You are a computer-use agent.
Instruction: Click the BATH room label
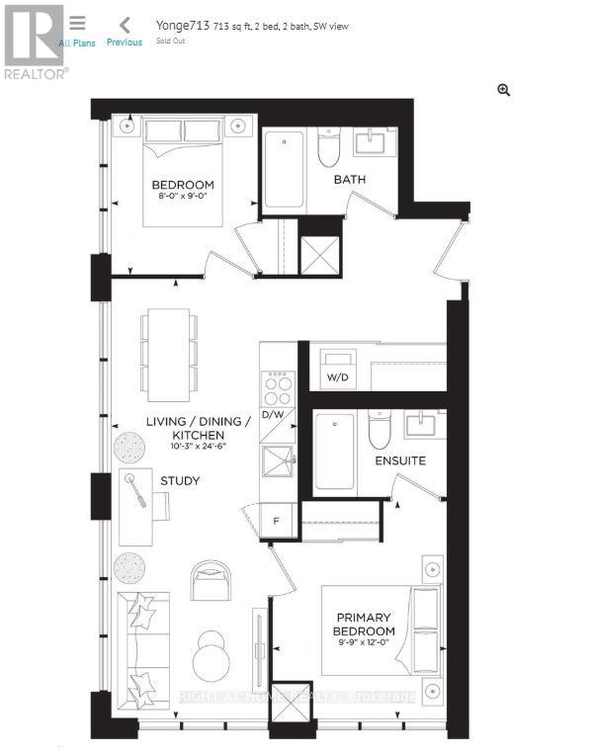pyautogui.click(x=349, y=179)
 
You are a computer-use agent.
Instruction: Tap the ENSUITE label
pyautogui.click(x=399, y=460)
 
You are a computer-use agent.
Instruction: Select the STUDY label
pyautogui.click(x=180, y=481)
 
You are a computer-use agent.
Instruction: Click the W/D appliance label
pyautogui.click(x=338, y=377)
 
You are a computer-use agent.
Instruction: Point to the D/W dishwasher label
pyautogui.click(x=272, y=414)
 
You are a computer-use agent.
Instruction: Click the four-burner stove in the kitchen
pyautogui.click(x=278, y=386)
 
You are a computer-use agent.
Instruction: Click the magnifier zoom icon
pyautogui.click(x=504, y=90)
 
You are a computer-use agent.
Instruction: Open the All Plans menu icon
pyautogui.click(x=77, y=23)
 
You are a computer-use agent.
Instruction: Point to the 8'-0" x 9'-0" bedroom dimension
pyautogui.click(x=182, y=198)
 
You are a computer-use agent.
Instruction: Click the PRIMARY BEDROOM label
pyautogui.click(x=363, y=625)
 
